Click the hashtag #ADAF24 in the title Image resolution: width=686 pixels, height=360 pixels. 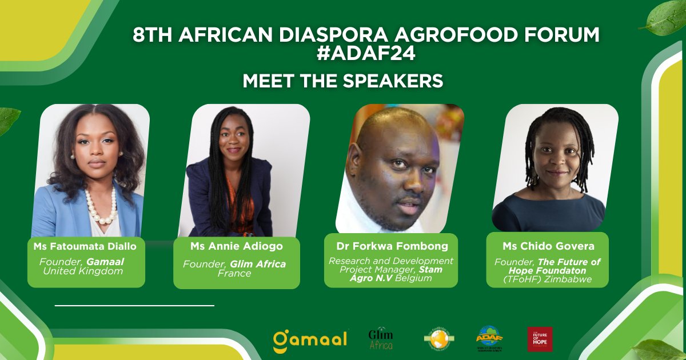pos(366,54)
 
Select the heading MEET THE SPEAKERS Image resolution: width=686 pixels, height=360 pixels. pos(343,81)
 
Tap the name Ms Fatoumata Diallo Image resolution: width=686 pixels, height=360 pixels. pos(86,246)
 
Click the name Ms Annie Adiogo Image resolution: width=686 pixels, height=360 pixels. pos(236,246)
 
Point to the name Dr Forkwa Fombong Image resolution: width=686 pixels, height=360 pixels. pos(391,246)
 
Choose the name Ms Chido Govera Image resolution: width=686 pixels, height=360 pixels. pos(548,246)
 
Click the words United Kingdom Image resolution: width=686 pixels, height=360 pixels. pos(83,271)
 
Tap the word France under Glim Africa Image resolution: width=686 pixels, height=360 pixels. pos(234,273)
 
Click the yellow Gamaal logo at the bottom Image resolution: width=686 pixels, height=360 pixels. pos(310,339)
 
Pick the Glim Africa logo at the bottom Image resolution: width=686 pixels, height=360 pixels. pos(381,339)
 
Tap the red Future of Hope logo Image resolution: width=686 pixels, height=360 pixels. pos(540,339)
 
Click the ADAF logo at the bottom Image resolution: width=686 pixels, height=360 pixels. pos(489,339)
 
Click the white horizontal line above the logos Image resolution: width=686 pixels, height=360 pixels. pos(134,306)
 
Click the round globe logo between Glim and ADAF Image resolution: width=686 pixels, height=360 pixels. pos(439,339)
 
